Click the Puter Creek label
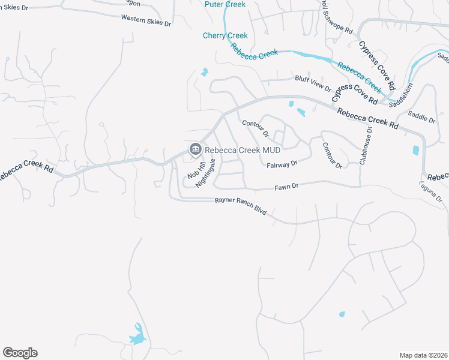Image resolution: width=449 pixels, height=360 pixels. tap(224, 5)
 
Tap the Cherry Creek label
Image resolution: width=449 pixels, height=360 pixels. tap(225, 36)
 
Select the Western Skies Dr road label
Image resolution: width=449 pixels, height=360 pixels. tap(146, 20)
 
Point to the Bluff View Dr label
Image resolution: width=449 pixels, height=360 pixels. tap(313, 82)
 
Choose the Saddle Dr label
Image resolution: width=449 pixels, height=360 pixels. tap(421, 116)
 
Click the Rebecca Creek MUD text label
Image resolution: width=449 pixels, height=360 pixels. tap(242, 149)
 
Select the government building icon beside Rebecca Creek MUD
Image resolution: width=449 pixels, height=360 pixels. tap(194, 149)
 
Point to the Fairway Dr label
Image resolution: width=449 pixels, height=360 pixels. tap(282, 163)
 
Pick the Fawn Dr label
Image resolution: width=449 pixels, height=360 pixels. tap(286, 187)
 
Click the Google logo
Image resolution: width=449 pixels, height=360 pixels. tap(20, 353)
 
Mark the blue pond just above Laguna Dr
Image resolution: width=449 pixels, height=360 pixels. tap(415, 150)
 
